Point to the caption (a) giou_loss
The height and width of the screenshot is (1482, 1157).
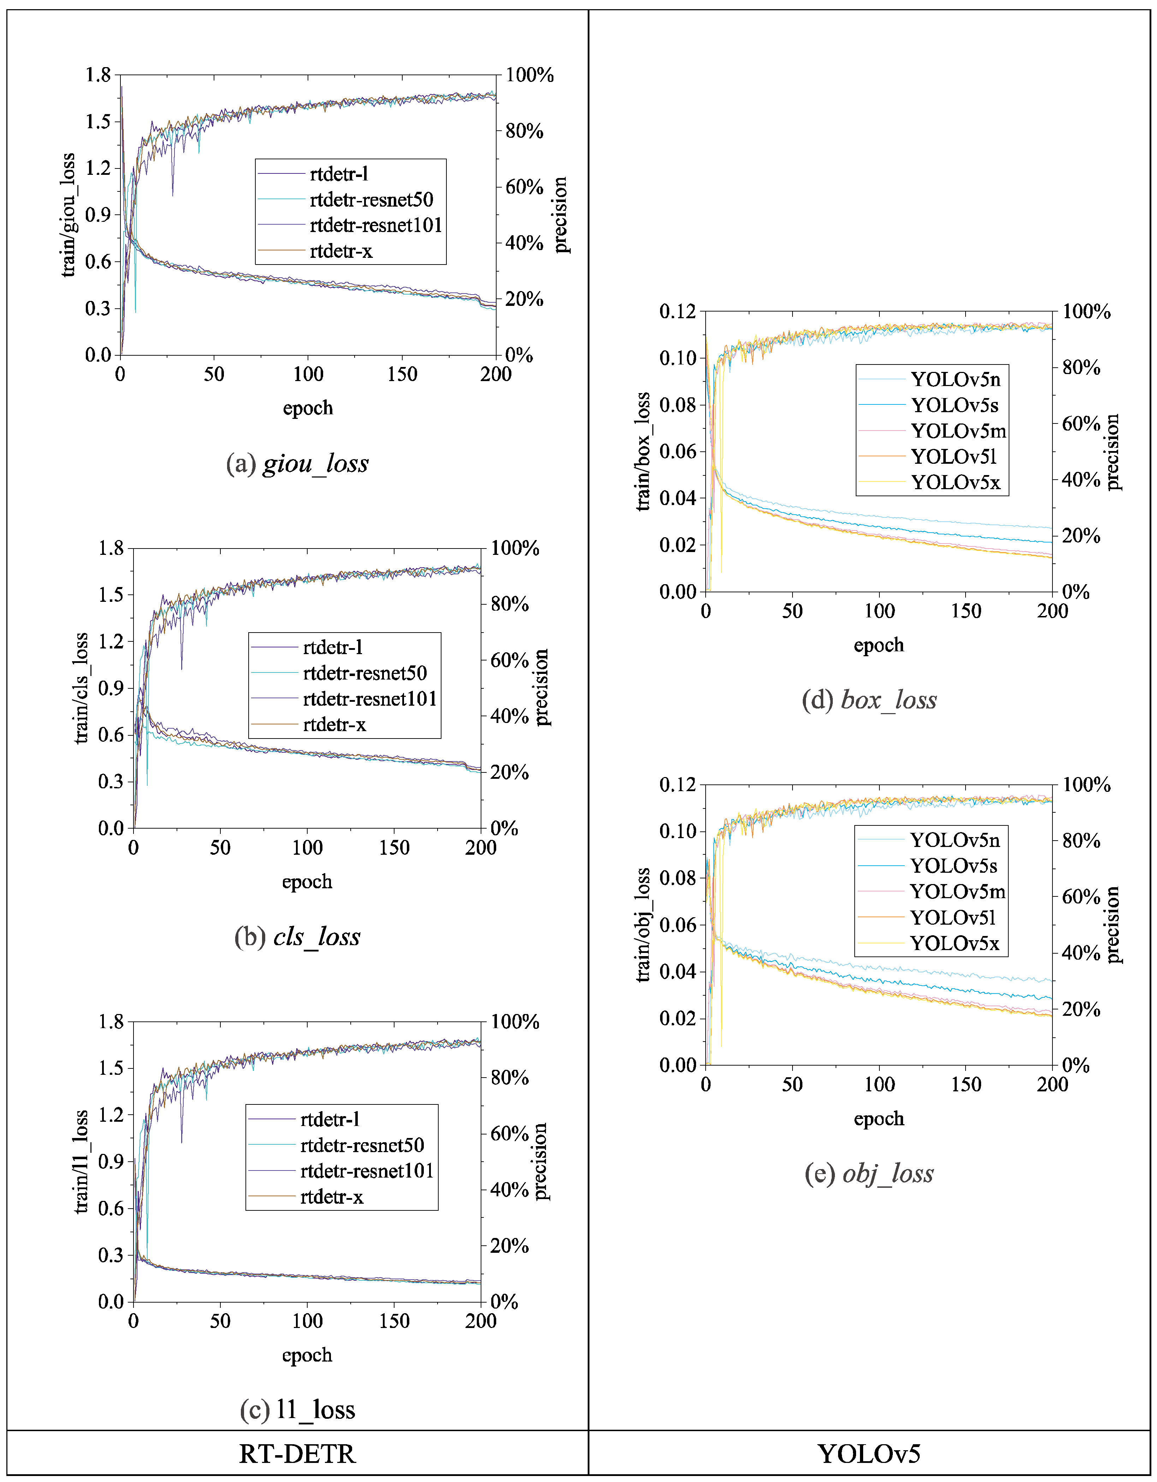pyautogui.click(x=297, y=463)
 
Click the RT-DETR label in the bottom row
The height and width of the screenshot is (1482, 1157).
pyautogui.click(x=297, y=1454)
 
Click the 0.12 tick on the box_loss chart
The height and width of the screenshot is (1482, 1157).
pyautogui.click(x=677, y=312)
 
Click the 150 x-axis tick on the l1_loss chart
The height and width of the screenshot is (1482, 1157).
pyautogui.click(x=394, y=1321)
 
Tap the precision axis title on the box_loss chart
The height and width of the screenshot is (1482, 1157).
pyautogui.click(x=1112, y=452)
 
